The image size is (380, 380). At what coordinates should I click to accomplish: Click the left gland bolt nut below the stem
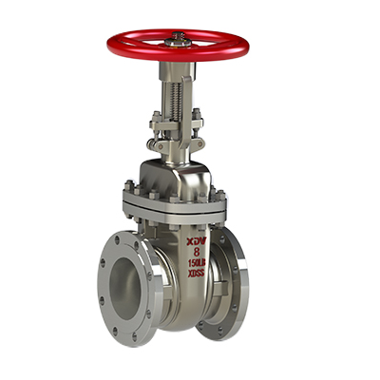pos(153,121)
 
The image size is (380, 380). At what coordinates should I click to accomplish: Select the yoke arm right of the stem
pos(193,95)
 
